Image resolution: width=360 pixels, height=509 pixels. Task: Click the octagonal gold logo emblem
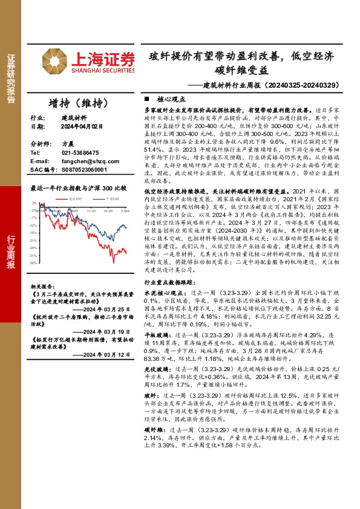coord(55,62)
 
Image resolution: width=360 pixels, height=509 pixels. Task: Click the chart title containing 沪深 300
coord(79,188)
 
